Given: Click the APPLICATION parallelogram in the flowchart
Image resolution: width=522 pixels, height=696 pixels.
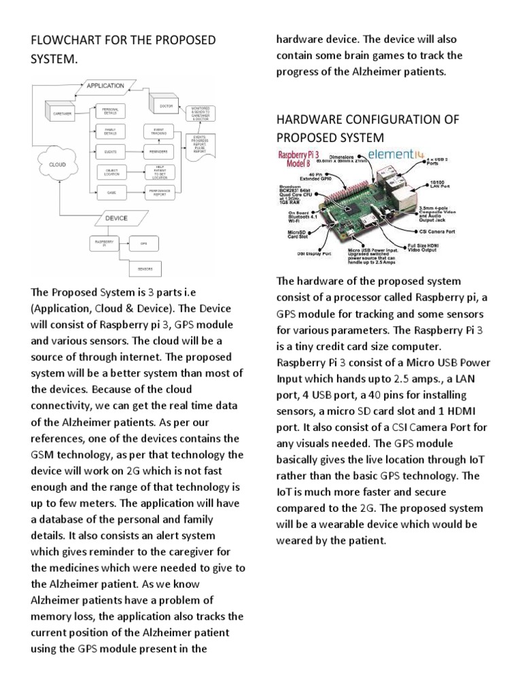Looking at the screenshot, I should tap(105, 86).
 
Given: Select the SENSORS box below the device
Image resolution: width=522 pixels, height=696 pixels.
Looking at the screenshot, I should tap(144, 269).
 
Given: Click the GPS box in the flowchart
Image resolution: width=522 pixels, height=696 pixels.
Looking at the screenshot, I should tap(143, 243).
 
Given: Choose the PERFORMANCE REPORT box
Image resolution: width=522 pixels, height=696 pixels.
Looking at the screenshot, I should tap(160, 193).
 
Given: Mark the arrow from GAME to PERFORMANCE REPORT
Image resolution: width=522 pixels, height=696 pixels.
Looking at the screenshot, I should tap(135, 193).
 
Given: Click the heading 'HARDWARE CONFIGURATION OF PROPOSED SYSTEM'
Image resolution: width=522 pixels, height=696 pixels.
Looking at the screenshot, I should tap(367, 128).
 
